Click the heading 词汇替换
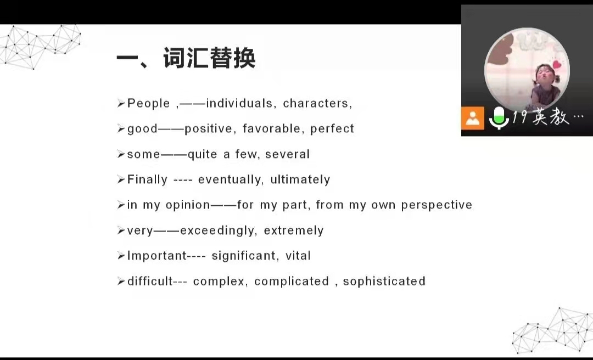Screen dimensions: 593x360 tap(209, 58)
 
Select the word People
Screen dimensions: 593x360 tap(149, 103)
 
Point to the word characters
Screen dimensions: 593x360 tap(316, 103)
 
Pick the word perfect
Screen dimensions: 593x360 tap(332, 128)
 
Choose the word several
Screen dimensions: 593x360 tap(287, 154)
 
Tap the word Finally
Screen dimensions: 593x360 tap(147, 179)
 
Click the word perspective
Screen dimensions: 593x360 tap(437, 205)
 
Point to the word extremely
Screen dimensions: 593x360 tap(293, 230)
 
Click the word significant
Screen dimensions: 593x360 tap(243, 256)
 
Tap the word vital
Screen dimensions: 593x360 tap(298, 256)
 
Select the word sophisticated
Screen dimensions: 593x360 tap(384, 281)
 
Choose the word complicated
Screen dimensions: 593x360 tap(292, 281)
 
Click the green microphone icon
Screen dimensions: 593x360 tap(499, 118)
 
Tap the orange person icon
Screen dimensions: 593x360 tap(472, 118)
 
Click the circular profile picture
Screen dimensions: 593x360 tap(527, 70)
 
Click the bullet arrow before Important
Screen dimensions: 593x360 tap(121, 256)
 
